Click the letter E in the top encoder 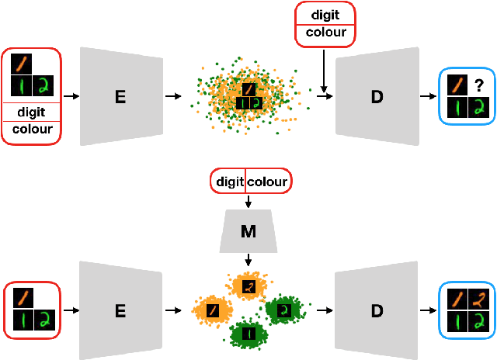(120, 96)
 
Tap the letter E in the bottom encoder (120, 311)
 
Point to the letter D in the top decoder (377, 96)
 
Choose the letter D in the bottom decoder (377, 311)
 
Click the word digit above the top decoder (325, 14)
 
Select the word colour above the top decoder (325, 33)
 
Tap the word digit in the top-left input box (32, 112)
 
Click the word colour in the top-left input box (32, 130)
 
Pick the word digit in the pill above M (230, 182)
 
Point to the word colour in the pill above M (268, 182)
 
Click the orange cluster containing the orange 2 (248, 286)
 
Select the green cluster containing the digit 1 (248, 334)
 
